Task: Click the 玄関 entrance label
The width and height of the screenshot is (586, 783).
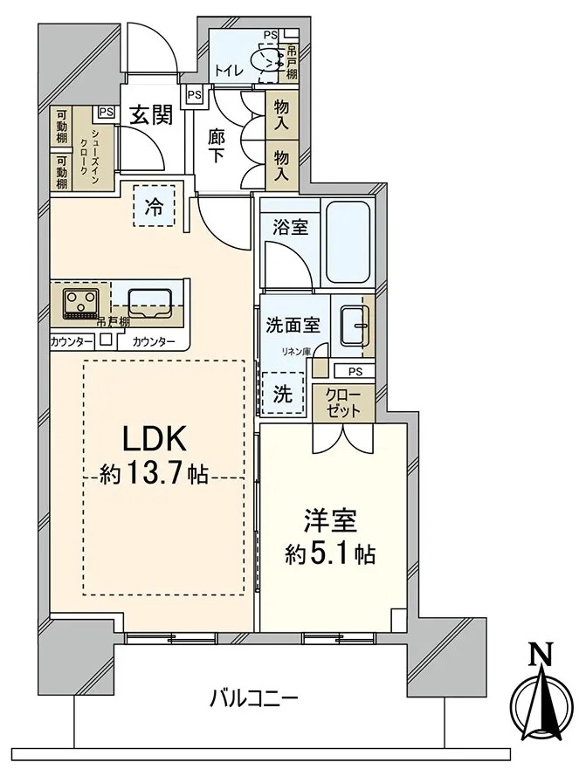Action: click(152, 115)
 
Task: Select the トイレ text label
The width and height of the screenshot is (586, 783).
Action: click(230, 71)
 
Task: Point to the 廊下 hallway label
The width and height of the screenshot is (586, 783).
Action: click(216, 146)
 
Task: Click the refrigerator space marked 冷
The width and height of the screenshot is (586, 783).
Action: click(154, 206)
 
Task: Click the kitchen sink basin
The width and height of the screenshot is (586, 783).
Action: click(149, 302)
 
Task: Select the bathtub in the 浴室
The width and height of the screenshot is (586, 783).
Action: click(349, 242)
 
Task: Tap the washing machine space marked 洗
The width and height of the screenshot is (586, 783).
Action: click(283, 394)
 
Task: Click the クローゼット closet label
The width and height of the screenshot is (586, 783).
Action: click(342, 402)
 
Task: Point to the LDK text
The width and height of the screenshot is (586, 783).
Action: click(155, 439)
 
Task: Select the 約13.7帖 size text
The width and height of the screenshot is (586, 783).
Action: click(154, 474)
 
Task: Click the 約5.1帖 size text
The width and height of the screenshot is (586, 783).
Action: click(330, 553)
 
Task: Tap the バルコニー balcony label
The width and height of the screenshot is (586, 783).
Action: click(254, 697)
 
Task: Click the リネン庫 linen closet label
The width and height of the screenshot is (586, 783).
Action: click(295, 352)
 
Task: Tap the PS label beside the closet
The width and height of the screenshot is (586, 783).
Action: click(355, 372)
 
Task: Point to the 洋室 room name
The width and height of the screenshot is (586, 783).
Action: click(330, 522)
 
